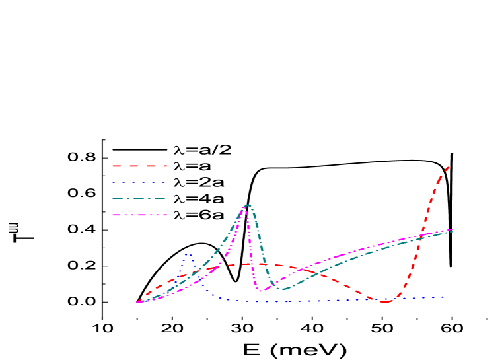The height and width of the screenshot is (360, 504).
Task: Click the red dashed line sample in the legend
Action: click(x=139, y=166)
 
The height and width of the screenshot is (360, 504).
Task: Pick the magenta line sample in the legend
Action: click(x=139, y=215)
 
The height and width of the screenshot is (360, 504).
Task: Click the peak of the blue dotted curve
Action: click(x=188, y=254)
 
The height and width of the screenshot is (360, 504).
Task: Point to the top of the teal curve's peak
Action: click(x=248, y=205)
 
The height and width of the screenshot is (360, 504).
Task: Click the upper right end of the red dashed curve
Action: click(x=449, y=167)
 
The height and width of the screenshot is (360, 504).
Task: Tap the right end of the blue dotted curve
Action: click(x=443, y=297)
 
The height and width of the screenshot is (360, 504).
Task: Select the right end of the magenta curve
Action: click(x=453, y=229)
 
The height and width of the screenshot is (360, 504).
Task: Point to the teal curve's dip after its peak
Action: click(x=283, y=289)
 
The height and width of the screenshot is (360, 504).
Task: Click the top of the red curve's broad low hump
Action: click(x=248, y=264)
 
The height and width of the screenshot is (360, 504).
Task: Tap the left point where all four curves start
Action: click(x=137, y=302)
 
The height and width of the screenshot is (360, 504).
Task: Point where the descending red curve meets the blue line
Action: click(x=371, y=299)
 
